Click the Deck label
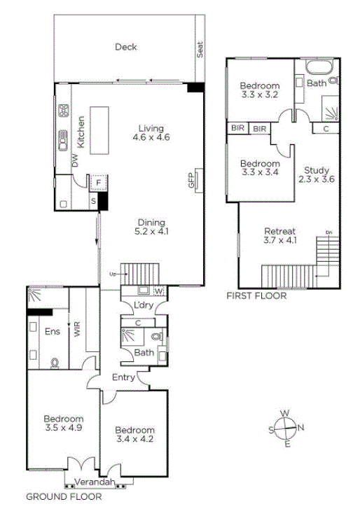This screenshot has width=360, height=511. [126, 47]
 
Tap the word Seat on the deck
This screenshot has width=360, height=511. [200, 50]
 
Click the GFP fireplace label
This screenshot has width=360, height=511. [191, 180]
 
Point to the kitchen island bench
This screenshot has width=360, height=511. [99, 130]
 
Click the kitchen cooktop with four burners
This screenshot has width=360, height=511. [64, 111]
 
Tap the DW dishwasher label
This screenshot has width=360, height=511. [76, 160]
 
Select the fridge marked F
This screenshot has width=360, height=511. [99, 183]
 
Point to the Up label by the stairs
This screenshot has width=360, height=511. [113, 274]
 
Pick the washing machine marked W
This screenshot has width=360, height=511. [158, 290]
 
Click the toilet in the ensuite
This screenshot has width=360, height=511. [55, 363]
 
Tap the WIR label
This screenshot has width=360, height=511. [77, 329]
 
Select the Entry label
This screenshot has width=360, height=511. [123, 377]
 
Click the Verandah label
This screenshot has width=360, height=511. [95, 482]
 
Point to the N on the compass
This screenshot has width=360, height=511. [300, 427]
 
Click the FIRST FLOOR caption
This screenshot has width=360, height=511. [256, 296]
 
